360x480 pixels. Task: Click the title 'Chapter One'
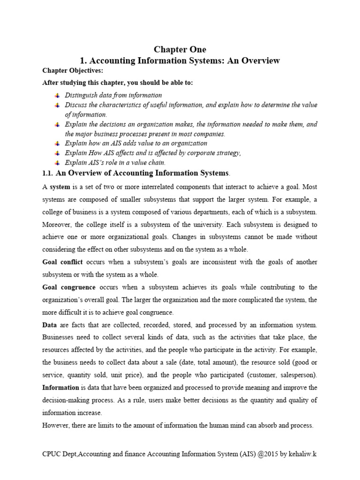pos(180,50)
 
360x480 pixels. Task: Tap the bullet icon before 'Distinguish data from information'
pos(57,95)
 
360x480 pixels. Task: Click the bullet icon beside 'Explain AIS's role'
pos(57,163)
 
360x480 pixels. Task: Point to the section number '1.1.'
pos(48,173)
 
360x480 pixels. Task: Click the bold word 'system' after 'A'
pos(60,187)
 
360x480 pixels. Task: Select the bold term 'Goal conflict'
pos(62,262)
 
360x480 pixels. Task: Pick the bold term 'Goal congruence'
pos(69,287)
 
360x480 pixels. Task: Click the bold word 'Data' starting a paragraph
pos(50,325)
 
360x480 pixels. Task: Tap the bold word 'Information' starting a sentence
pos(61,388)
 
